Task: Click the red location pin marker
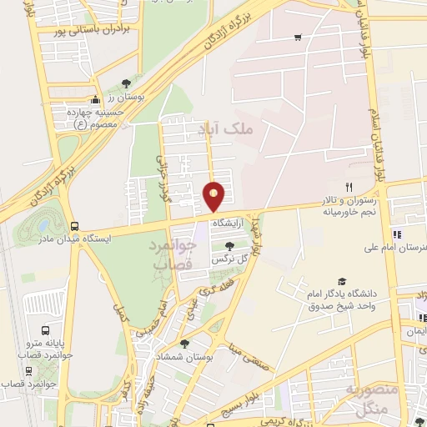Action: pyautogui.click(x=214, y=195)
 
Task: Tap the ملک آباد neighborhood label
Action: pyautogui.click(x=228, y=129)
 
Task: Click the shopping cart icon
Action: pyautogui.click(x=298, y=38)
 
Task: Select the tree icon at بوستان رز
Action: pyautogui.click(x=125, y=83)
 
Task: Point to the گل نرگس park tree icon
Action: pyautogui.click(x=229, y=245)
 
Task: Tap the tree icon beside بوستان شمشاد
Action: pyautogui.click(x=184, y=344)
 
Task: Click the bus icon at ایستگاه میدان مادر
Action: pyautogui.click(x=75, y=226)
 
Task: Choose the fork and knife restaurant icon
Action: pyautogui.click(x=349, y=187)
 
